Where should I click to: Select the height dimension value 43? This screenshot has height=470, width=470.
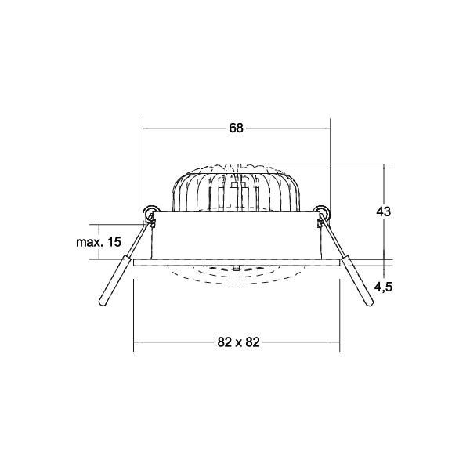click(x=383, y=211)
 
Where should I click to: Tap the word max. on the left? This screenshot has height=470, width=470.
click(x=90, y=242)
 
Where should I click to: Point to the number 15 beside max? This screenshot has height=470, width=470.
click(x=114, y=242)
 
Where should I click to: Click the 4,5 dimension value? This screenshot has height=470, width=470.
click(x=383, y=287)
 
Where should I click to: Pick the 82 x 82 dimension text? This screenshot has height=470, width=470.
click(x=236, y=342)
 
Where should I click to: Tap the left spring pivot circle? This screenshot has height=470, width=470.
click(x=151, y=212)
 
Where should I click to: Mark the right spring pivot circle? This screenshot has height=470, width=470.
click(x=320, y=212)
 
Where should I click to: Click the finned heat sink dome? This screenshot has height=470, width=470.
click(x=236, y=188)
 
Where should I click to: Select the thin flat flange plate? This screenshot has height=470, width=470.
click(x=236, y=262)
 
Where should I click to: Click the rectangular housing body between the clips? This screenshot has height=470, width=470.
click(x=236, y=235)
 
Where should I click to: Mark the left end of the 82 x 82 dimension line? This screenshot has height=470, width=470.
click(x=134, y=342)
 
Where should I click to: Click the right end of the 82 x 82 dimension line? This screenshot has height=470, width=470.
click(x=338, y=342)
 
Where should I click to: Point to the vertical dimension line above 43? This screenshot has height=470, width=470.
click(x=383, y=184)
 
